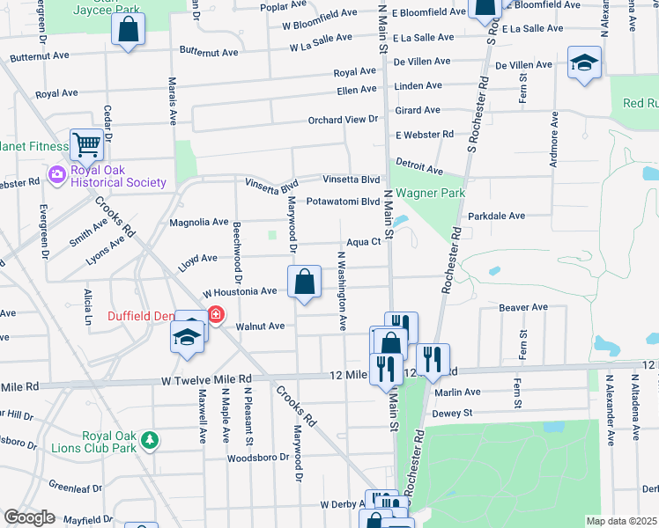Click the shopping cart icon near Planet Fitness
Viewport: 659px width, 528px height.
click(86, 143)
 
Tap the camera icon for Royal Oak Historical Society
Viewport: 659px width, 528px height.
click(58, 174)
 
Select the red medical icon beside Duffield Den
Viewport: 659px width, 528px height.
click(215, 314)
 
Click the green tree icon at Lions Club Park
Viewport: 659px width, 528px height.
click(151, 437)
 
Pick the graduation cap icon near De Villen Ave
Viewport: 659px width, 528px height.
click(583, 64)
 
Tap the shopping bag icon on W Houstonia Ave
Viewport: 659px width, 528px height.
click(304, 283)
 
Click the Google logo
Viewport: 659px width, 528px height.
click(29, 517)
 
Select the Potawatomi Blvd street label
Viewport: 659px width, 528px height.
click(343, 202)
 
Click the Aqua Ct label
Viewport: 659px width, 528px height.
click(362, 242)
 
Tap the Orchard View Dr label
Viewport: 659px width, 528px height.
click(342, 120)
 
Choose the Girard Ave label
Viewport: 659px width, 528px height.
click(418, 110)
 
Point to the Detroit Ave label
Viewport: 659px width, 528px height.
click(418, 165)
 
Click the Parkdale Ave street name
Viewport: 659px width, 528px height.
click(496, 216)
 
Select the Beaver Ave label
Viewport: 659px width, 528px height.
click(523, 308)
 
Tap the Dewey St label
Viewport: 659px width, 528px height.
click(452, 412)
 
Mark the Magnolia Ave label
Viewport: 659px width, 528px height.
click(198, 223)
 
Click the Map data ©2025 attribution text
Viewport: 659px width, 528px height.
click(622, 521)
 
